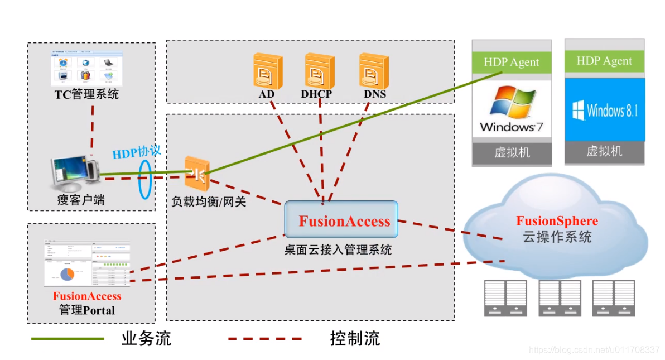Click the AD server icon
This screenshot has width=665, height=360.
pos(267,70)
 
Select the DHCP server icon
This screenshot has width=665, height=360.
pos(319,70)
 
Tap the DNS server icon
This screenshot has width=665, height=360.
pos(373,70)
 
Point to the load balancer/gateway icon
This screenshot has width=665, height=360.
pos(197,174)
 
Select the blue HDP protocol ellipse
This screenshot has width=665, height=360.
pos(145,179)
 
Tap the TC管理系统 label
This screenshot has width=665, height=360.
pos(86,94)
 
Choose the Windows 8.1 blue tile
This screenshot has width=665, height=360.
pos(605,110)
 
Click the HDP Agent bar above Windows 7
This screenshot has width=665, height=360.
pos(512,62)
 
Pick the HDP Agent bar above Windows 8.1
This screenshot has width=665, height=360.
pos(604,61)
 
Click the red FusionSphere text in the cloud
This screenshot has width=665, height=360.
pos(557,221)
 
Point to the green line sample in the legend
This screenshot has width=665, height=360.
pos(68,339)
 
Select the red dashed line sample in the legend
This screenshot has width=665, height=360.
pos(265,339)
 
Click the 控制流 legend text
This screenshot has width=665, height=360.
pos(354,339)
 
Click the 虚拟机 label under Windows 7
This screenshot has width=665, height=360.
pos(512,152)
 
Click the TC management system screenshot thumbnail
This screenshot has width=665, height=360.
pos(85,67)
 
